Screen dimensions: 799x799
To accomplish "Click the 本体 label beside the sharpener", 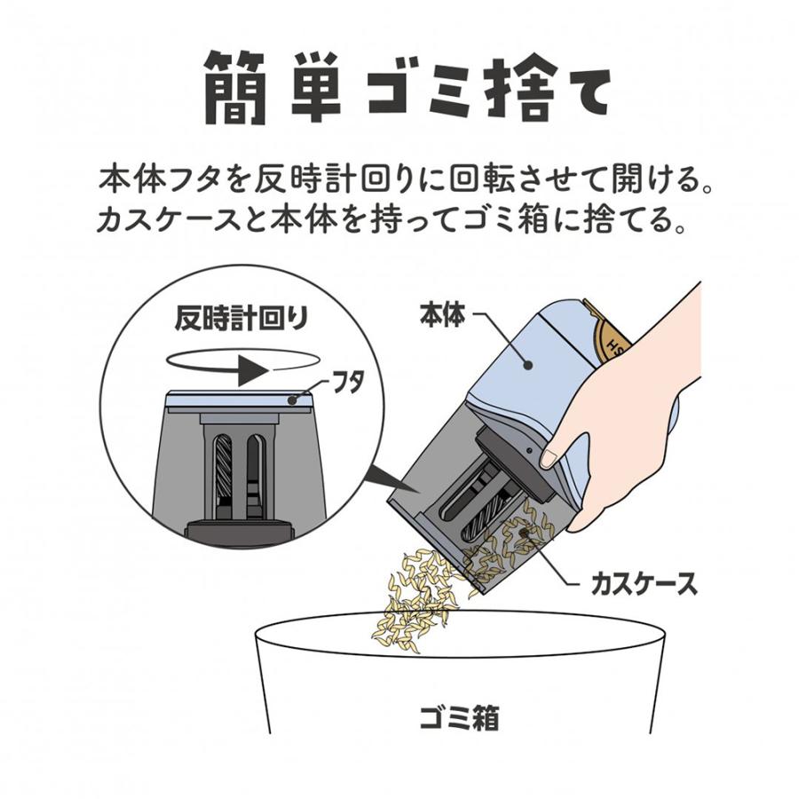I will point(441,314).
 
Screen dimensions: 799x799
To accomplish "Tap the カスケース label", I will point(643,583).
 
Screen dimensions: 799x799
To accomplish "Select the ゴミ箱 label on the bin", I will point(458,716).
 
